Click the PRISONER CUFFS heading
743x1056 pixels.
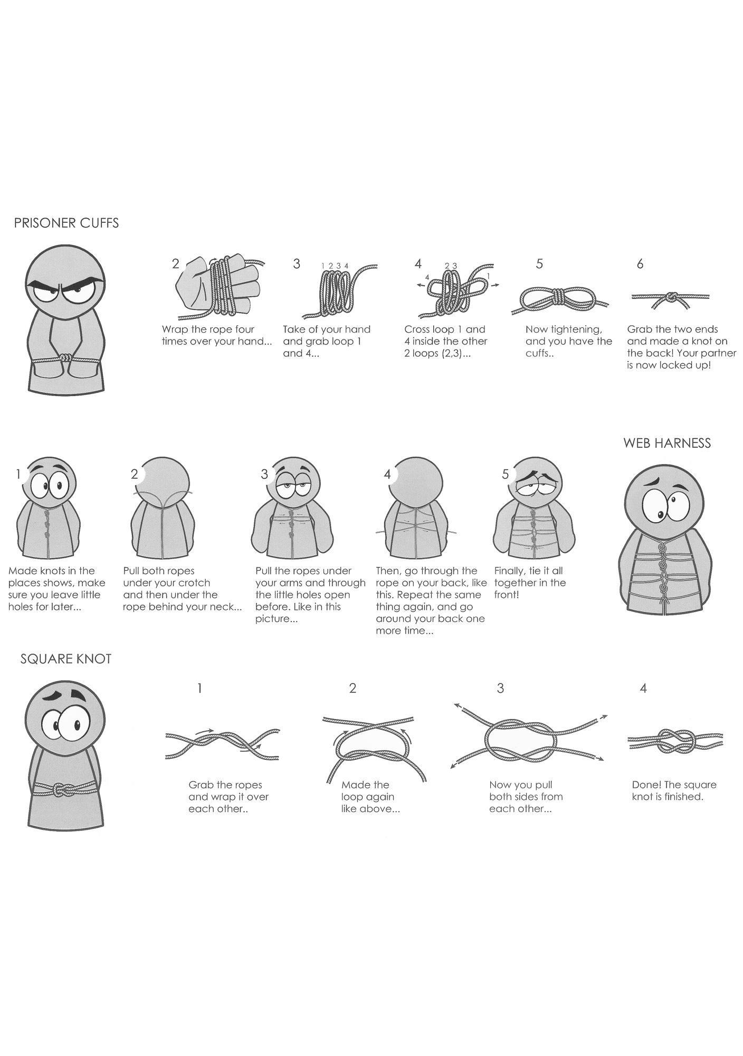66,223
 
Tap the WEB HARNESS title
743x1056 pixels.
667,443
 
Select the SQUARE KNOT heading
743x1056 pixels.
66,659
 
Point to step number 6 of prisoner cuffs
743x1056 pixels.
640,264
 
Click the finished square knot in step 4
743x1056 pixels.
675,741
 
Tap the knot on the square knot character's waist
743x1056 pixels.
63,790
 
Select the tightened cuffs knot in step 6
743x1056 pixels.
672,297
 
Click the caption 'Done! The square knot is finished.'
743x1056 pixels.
674,790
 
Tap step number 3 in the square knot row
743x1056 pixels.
500,689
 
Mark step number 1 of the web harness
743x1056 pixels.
18,475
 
